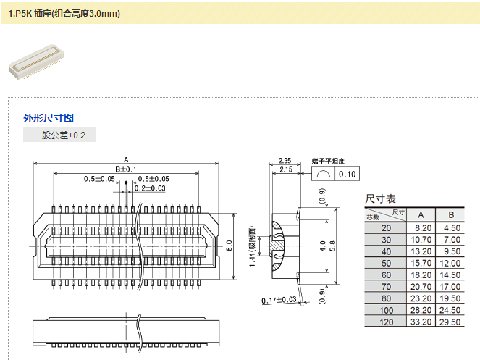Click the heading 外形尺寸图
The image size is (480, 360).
tap(49, 118)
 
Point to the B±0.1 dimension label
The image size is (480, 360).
tap(126, 169)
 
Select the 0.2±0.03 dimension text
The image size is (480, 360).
tap(150, 188)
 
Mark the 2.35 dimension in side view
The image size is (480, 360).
tap(284, 160)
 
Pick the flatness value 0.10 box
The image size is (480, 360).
tap(348, 174)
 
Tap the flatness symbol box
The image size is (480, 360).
tap(324, 174)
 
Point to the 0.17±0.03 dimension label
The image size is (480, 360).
tap(279, 300)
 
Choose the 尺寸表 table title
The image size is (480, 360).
tap(381, 198)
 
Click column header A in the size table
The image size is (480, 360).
tap(421, 214)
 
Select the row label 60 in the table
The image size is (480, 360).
tap(385, 275)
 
